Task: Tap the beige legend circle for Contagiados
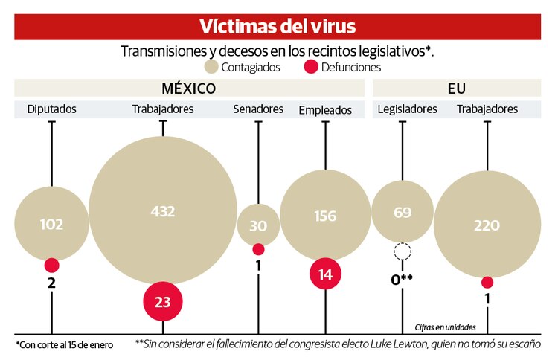[212, 67]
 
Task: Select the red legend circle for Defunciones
[312, 67]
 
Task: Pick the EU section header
[456, 89]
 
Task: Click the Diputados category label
[51, 109]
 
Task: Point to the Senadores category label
[258, 109]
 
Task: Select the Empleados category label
[325, 110]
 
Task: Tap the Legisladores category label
[407, 109]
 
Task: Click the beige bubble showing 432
[163, 211]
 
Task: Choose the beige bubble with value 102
[51, 223]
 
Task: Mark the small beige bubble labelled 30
[258, 225]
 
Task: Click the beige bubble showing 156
[325, 216]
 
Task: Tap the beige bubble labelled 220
[487, 225]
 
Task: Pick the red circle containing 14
[325, 274]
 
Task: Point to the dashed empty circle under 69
[403, 252]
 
